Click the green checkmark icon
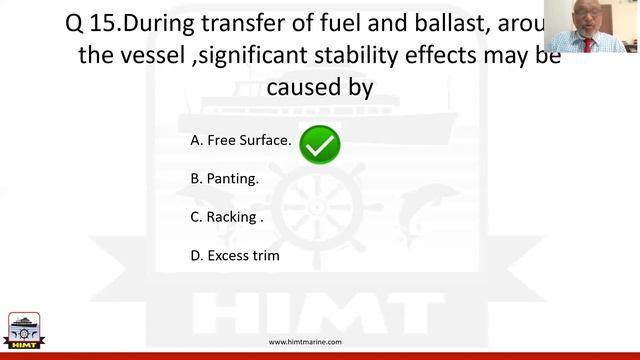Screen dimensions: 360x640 (x=320, y=145)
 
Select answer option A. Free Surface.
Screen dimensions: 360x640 (x=241, y=140)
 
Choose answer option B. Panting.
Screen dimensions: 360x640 (x=225, y=179)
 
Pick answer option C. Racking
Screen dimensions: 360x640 (x=227, y=217)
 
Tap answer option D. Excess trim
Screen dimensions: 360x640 (x=235, y=255)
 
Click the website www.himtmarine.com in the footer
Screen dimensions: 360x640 (x=305, y=342)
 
